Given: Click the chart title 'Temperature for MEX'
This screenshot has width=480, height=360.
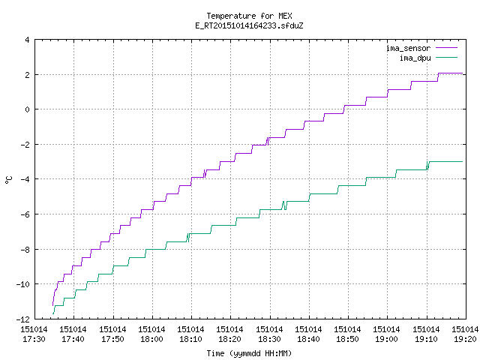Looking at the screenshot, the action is [249, 16].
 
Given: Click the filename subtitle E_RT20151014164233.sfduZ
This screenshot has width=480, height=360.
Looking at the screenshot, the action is [249, 25].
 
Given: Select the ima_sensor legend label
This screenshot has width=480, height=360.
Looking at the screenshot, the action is [408, 48].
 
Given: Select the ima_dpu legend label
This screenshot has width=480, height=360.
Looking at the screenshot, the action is [415, 58].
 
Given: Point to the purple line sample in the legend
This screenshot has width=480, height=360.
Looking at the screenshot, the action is [447, 48].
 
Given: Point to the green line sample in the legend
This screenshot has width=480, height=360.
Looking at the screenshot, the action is [447, 58].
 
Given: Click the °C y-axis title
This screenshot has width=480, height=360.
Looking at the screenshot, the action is [9, 180].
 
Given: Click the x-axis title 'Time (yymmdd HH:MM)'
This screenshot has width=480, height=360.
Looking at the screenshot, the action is [249, 353].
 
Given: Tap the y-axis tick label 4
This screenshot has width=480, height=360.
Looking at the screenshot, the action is [28, 40].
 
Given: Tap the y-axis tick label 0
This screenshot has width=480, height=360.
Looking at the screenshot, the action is [28, 109].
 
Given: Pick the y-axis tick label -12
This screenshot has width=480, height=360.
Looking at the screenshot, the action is [23, 319].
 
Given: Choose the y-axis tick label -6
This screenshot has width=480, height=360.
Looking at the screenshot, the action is [25, 214].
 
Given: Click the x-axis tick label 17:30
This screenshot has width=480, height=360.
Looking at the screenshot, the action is [34, 339].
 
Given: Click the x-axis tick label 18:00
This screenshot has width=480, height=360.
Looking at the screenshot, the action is [151, 339].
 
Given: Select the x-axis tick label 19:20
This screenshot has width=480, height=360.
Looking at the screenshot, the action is [465, 339].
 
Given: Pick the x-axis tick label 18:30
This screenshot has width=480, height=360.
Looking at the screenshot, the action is [269, 339].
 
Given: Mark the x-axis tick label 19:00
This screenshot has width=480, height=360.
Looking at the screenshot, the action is [387, 339].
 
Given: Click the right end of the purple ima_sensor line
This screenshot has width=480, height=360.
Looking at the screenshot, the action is [462, 73].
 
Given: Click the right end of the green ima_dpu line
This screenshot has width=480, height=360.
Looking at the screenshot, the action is [462, 161].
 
